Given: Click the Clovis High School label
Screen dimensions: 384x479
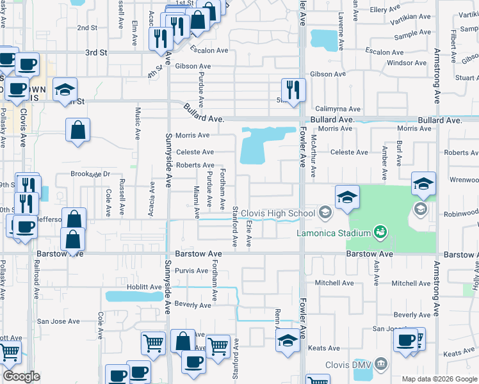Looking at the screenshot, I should click(x=278, y=213).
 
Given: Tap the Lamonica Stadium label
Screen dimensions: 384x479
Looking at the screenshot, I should click(x=334, y=232).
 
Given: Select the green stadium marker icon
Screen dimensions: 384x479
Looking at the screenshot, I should click(x=380, y=230).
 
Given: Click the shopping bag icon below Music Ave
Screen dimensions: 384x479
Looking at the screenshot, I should click(x=77, y=131).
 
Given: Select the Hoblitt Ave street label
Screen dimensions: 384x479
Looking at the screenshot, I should click(x=146, y=287).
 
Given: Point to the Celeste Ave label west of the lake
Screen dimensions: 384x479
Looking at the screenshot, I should click(x=195, y=152).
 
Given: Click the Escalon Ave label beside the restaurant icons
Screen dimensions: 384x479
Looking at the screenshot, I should click(x=209, y=50).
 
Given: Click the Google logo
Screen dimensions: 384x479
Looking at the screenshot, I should click(x=21, y=376).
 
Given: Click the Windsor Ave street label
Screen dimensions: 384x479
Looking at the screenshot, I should click(x=403, y=63).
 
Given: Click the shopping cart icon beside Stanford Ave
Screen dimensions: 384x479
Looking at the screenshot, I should click(x=218, y=346).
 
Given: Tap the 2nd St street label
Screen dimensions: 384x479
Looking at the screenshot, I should click(x=87, y=28).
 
